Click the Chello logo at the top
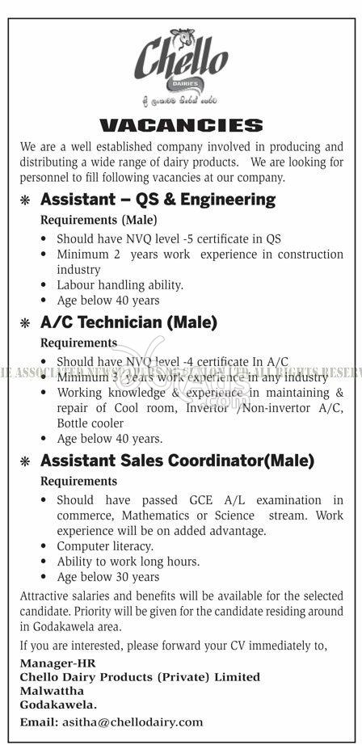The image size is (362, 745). point(180,61)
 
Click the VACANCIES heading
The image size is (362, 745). point(181,125)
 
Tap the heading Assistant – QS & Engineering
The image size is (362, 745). point(158,199)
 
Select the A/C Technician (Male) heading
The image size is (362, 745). point(128,322)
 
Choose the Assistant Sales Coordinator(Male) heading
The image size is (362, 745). point(177,461)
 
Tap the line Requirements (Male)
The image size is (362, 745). point(99,220)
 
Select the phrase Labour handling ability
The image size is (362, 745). point(120,284)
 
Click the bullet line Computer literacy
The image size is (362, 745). point(105,546)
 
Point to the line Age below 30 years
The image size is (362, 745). point(107,577)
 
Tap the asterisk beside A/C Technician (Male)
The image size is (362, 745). point(25,323)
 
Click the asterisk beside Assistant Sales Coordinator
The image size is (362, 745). point(25,462)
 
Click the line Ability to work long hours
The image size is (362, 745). point(128,562)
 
